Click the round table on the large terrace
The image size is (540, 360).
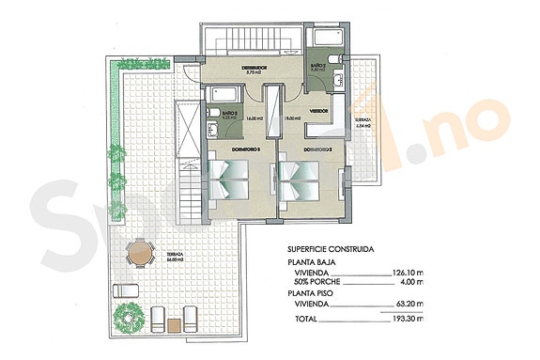point(139,251)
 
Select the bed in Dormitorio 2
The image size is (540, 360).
point(301,179)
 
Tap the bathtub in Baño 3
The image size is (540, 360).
point(224,94)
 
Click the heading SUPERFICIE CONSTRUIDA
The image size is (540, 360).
point(331,250)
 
